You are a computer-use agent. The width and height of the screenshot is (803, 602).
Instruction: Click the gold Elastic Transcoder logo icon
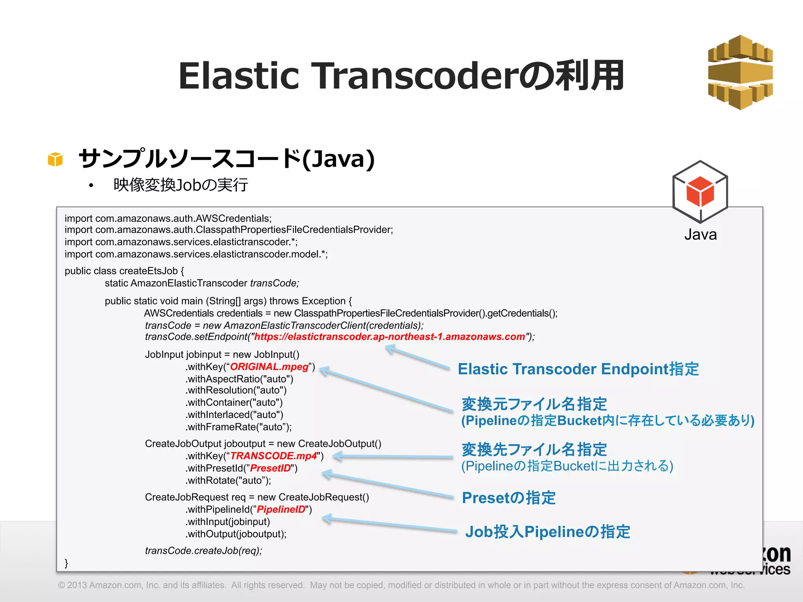click(740, 73)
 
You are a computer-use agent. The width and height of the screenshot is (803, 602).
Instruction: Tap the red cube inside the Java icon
click(700, 192)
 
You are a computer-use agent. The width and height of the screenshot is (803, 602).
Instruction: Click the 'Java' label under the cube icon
click(700, 234)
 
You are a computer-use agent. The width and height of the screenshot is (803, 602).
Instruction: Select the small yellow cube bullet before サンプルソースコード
click(55, 160)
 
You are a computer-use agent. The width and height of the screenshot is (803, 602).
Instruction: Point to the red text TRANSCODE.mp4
click(273, 456)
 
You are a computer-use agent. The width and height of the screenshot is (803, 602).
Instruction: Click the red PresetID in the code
click(270, 468)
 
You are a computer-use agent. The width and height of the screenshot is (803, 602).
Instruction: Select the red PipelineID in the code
click(281, 510)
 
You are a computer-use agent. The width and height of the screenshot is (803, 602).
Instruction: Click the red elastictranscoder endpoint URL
click(389, 337)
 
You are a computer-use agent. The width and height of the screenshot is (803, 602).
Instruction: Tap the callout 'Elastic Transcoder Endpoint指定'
click(578, 369)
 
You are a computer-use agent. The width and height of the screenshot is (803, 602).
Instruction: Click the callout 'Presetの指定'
click(509, 498)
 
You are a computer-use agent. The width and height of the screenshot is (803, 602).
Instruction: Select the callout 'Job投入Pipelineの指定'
click(547, 532)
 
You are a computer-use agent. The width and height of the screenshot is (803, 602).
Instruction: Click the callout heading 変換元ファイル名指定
click(534, 404)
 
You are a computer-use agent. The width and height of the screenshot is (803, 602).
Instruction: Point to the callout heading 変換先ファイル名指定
click(534, 449)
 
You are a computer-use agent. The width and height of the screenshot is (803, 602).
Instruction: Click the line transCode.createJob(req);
click(203, 551)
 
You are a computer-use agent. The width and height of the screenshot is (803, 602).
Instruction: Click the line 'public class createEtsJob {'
click(124, 271)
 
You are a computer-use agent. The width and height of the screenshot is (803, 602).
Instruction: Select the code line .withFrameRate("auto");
click(238, 427)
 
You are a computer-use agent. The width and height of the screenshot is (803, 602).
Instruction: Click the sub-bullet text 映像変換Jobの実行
click(180, 185)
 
